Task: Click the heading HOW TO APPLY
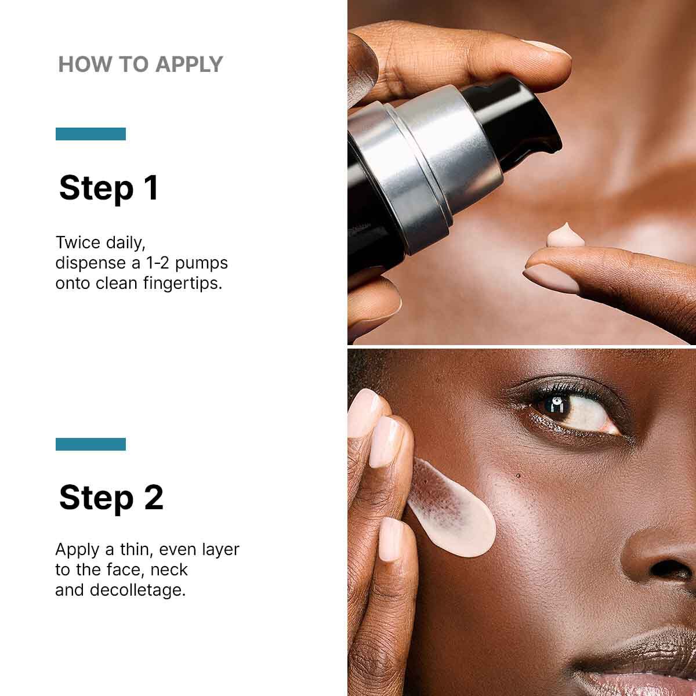140,64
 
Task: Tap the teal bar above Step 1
90,134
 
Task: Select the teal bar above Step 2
90,444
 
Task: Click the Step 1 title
109,188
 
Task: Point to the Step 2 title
111,498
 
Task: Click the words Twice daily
100,242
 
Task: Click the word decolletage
137,590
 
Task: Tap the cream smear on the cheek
458,513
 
